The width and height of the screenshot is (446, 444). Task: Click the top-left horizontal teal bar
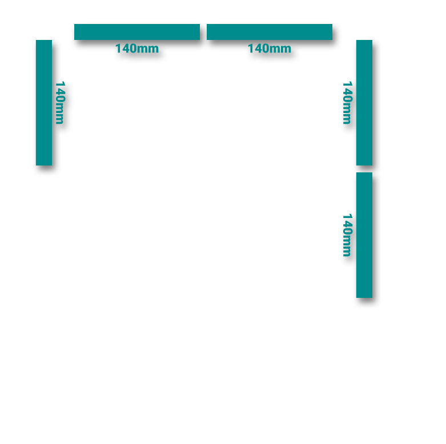point(137,32)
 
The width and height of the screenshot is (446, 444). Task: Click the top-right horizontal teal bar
point(270,32)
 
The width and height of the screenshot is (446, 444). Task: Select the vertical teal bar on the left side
point(44,103)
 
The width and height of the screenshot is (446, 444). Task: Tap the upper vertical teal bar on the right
point(364,103)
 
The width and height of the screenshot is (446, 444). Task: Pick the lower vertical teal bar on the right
point(364,235)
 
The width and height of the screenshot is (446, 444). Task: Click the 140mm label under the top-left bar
point(137,49)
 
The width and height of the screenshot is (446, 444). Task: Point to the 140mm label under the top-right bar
point(270,49)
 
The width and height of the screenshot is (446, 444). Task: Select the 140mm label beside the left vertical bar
point(60,103)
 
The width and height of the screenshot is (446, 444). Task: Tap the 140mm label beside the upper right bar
point(347,103)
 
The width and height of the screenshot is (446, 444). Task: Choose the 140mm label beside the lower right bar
point(347,235)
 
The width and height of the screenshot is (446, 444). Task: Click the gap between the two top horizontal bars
point(203,32)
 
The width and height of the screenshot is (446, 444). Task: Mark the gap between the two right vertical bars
point(364,169)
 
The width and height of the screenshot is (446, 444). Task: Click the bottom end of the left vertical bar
point(44,164)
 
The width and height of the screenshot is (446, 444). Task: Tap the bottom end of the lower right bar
point(364,296)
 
